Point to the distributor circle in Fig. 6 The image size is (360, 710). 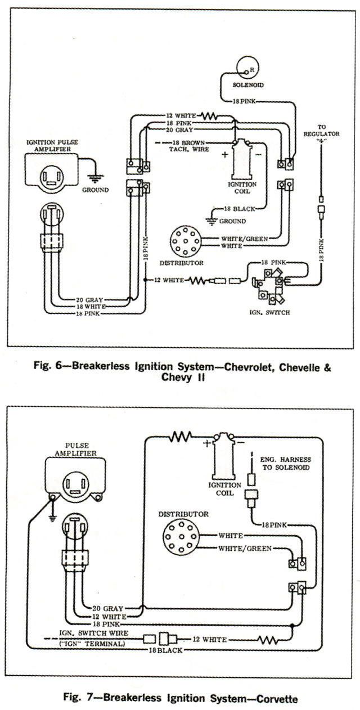(x=187, y=242)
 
